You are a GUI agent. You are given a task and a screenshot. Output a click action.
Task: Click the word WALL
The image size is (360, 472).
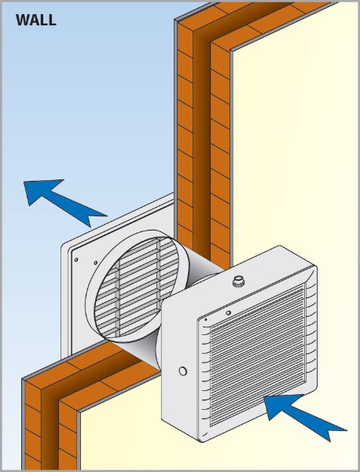(x=36, y=20)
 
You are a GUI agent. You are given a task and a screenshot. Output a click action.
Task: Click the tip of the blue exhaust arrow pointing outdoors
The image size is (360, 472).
(x=24, y=182)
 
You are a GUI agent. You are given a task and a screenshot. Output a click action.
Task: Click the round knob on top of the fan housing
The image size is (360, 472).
(x=238, y=281)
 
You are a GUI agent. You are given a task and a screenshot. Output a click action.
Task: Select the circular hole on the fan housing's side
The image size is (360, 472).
(x=182, y=371)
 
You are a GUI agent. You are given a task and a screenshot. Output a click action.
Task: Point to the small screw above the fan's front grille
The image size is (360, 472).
(x=228, y=313)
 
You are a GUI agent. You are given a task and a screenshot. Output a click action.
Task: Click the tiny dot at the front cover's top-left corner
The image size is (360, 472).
(x=206, y=319)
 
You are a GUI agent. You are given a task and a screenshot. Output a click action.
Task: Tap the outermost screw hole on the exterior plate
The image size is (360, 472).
(x=76, y=260)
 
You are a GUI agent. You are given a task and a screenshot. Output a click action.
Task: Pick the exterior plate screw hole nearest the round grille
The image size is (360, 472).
(x=96, y=263)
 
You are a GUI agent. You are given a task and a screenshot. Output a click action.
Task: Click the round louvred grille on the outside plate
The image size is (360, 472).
(x=136, y=286)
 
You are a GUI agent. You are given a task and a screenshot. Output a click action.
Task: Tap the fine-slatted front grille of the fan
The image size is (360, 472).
(x=258, y=355)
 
